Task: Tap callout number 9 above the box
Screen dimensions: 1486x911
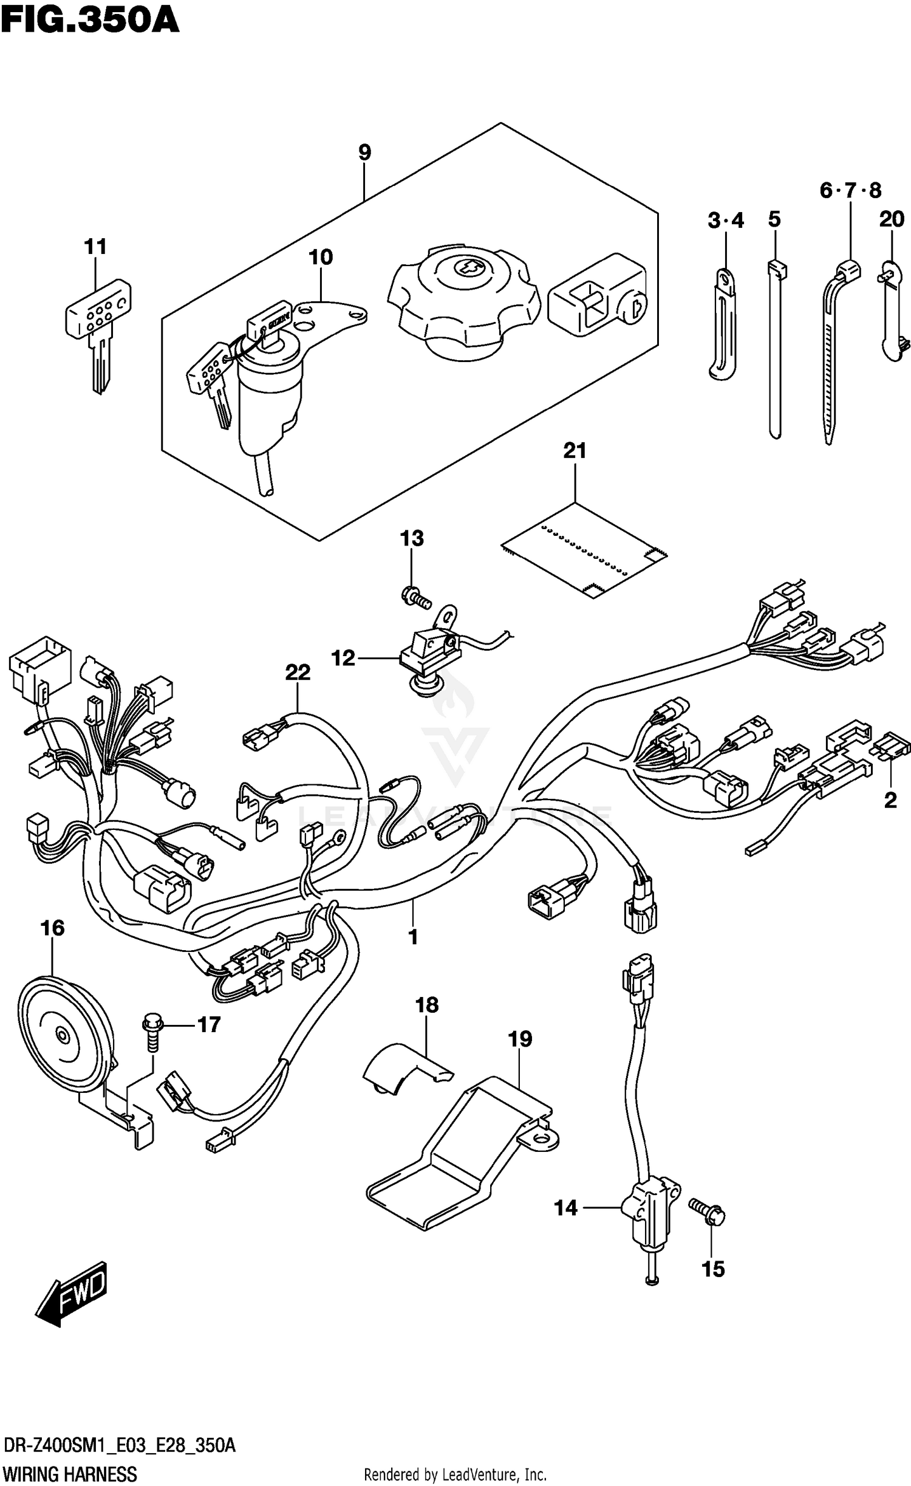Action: point(364,152)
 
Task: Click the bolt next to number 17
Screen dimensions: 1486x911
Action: point(152,1029)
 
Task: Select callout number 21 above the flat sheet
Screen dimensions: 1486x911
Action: point(575,451)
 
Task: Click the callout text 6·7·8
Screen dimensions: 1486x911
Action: point(850,191)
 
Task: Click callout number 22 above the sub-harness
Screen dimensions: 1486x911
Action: point(298,672)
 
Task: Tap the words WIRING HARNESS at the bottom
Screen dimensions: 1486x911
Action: point(70,1470)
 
